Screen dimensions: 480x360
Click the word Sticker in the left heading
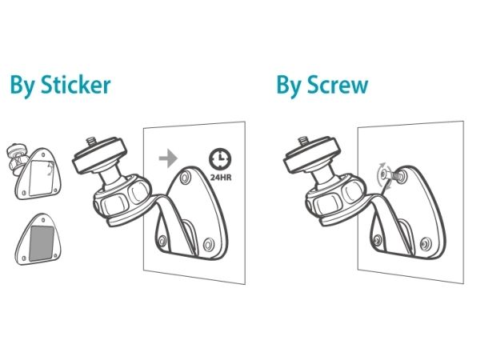pyautogui.click(x=76, y=85)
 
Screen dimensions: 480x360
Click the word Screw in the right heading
pyautogui.click(x=338, y=85)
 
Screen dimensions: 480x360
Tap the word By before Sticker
pyautogui.click(x=22, y=86)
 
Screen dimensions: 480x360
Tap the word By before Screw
pyautogui.click(x=288, y=86)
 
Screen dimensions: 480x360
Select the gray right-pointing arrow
pyautogui.click(x=168, y=158)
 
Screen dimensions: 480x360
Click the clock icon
pyautogui.click(x=221, y=159)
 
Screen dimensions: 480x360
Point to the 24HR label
pyautogui.click(x=221, y=178)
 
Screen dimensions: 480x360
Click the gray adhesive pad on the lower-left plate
pyautogui.click(x=42, y=243)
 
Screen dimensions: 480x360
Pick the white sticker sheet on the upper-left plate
pyautogui.click(x=42, y=178)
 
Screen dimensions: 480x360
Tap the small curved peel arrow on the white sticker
pyautogui.click(x=50, y=169)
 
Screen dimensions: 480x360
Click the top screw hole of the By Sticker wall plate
pyautogui.click(x=185, y=177)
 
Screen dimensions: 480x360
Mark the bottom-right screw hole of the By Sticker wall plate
pyautogui.click(x=208, y=244)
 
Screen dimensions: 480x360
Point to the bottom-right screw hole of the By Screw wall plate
pyautogui.click(x=425, y=244)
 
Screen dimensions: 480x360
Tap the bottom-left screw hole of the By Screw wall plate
pyautogui.click(x=378, y=239)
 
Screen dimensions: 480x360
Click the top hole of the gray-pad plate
pyautogui.click(x=43, y=220)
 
